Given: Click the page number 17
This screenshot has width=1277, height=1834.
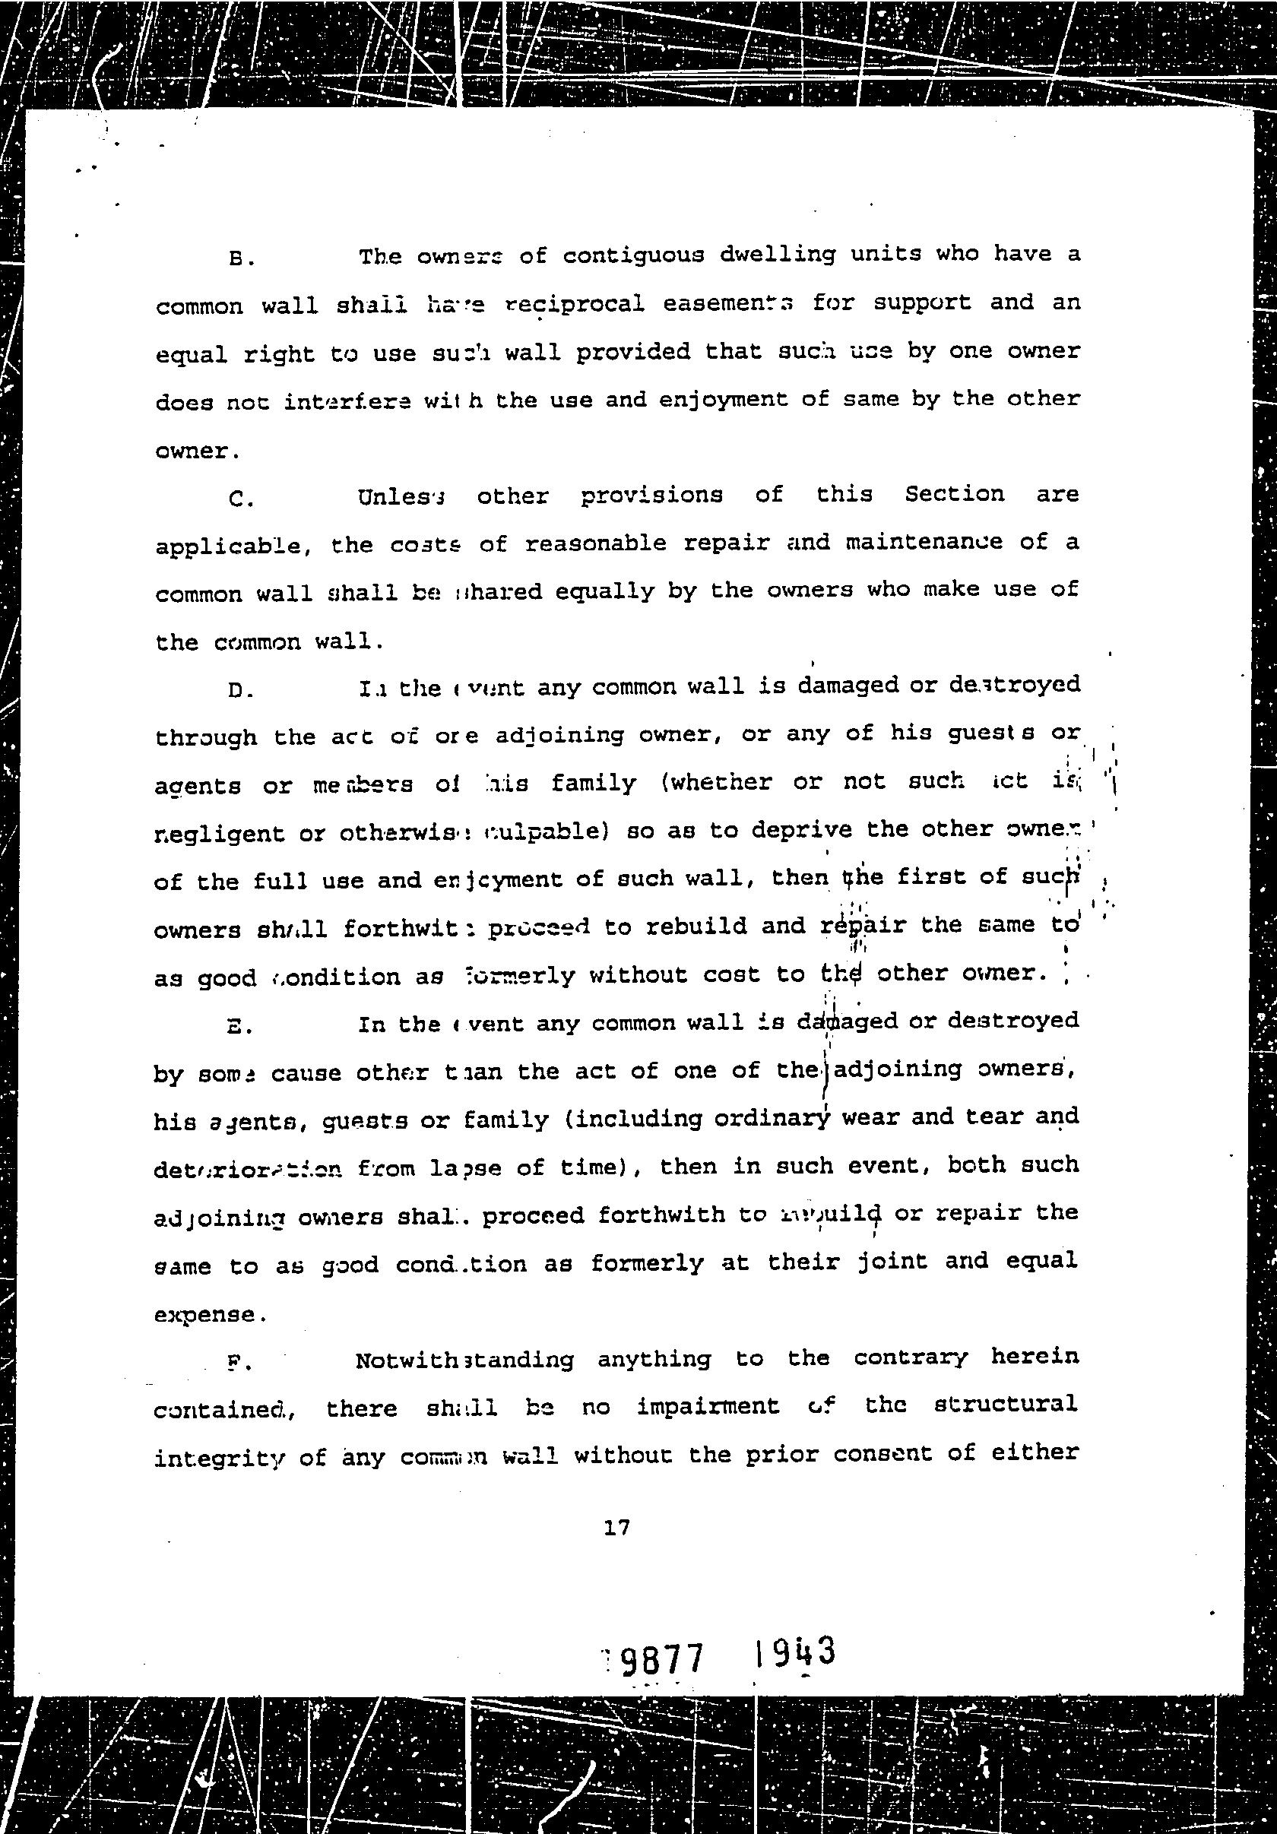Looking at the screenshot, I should (617, 1528).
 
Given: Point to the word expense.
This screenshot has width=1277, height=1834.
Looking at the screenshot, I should (205, 1315).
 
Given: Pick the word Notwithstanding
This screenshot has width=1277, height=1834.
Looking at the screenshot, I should (464, 1360).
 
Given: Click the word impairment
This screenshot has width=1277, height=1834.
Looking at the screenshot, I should (708, 1407).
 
